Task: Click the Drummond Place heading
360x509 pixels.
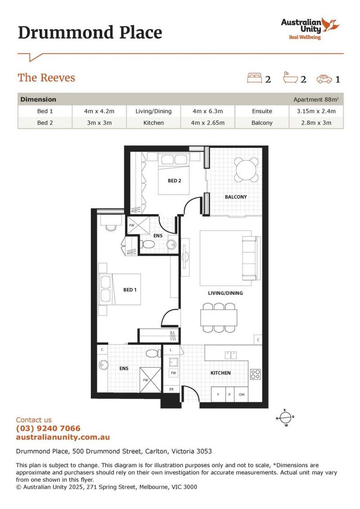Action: [90, 33]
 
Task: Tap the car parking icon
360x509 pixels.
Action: [324, 79]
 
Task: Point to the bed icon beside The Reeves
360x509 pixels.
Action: [254, 78]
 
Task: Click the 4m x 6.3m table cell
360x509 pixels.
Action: [207, 111]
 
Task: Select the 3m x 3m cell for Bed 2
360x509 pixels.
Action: [99, 123]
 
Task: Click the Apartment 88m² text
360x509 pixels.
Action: [316, 99]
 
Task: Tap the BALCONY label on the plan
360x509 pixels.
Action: [236, 197]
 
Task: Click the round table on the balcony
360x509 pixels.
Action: [247, 170]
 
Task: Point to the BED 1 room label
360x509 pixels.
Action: [130, 290]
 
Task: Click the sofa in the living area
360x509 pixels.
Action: [248, 257]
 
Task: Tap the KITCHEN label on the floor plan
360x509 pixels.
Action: [221, 373]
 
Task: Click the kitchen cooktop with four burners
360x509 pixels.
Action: [255, 374]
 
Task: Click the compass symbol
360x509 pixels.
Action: [286, 418]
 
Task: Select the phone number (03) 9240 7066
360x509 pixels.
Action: [48, 428]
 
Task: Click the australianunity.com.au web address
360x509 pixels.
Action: [63, 437]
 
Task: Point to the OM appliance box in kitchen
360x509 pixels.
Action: [242, 394]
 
